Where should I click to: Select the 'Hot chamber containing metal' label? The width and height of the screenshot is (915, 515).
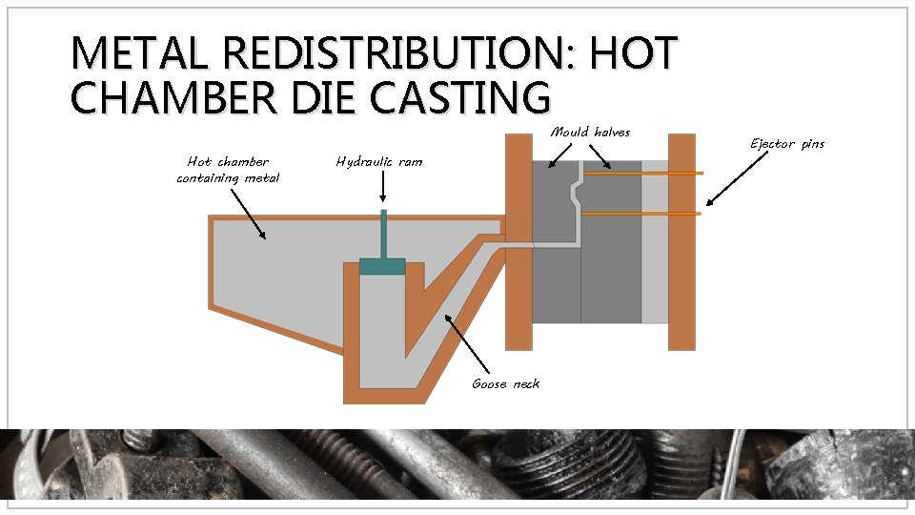(x=228, y=169)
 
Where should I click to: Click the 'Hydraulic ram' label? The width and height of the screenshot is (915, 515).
(x=378, y=161)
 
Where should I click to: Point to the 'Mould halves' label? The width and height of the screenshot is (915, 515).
(x=590, y=132)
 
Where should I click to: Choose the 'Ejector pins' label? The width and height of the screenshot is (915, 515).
(x=786, y=144)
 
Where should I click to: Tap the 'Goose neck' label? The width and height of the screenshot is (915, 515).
(x=505, y=383)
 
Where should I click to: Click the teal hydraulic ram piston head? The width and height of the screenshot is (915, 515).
(x=382, y=267)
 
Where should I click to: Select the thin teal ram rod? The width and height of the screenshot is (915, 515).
(x=382, y=234)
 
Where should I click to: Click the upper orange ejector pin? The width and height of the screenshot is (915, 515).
(x=643, y=174)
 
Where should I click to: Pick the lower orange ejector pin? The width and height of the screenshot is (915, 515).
(x=640, y=214)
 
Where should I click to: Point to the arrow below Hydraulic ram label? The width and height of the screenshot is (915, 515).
(x=382, y=187)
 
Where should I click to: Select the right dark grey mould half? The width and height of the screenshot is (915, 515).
(x=610, y=277)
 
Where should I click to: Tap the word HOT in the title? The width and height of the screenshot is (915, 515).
(x=633, y=53)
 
